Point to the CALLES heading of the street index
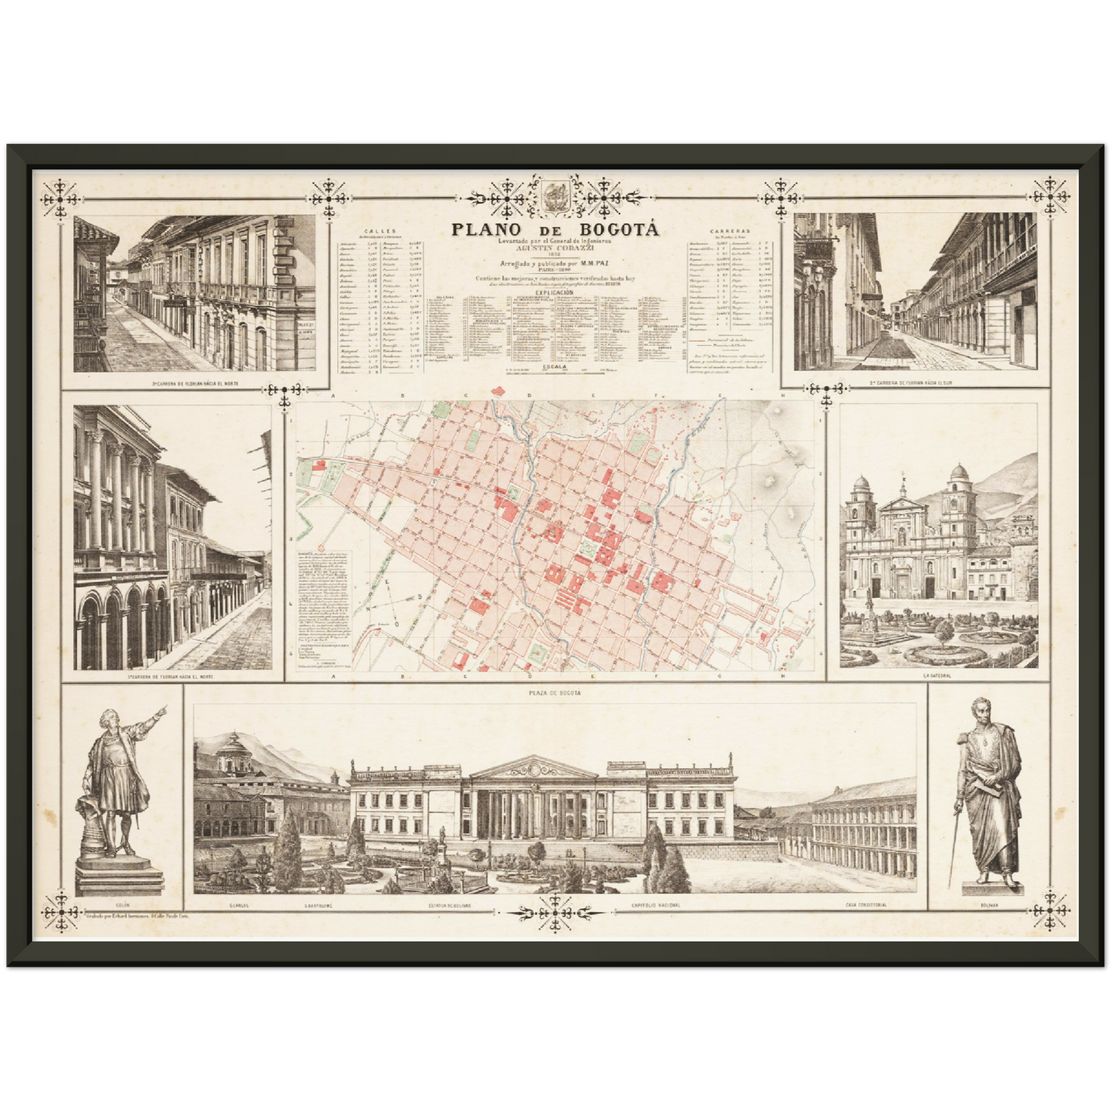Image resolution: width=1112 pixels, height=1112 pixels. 381,230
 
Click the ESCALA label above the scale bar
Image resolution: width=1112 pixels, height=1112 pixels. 555,367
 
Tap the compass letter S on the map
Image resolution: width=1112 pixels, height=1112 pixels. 420,597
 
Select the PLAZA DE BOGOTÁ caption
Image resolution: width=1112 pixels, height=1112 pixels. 555,693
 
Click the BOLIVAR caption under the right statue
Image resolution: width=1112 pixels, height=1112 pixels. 990,905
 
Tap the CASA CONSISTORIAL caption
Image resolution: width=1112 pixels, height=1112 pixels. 866,905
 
